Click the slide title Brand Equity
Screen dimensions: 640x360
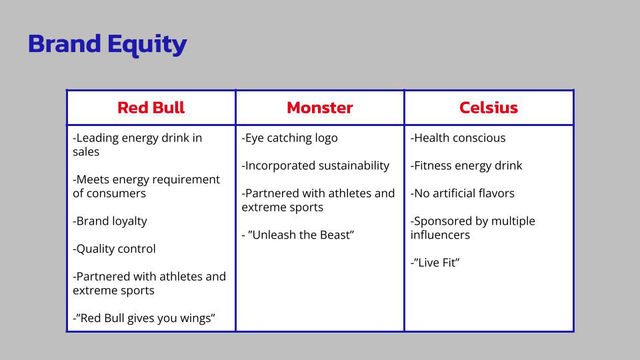click(107, 44)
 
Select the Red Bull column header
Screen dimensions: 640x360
click(151, 108)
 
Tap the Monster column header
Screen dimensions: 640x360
click(320, 108)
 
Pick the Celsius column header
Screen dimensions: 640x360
click(489, 108)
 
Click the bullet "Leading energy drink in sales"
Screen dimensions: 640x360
click(137, 145)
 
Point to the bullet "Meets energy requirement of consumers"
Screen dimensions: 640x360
click(146, 186)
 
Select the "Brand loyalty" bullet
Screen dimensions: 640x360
click(110, 221)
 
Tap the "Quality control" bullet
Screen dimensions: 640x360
click(114, 249)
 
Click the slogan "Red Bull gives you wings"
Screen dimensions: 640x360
click(144, 319)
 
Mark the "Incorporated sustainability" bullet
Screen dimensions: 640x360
click(315, 166)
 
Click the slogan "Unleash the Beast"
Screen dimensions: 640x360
click(298, 235)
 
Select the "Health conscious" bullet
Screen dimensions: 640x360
click(458, 138)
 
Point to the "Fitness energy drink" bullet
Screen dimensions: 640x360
click(467, 166)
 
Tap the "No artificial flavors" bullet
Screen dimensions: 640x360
click(463, 193)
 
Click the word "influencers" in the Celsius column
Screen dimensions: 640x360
click(441, 235)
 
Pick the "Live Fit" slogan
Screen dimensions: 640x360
click(435, 263)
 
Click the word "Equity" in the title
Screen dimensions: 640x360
click(147, 45)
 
